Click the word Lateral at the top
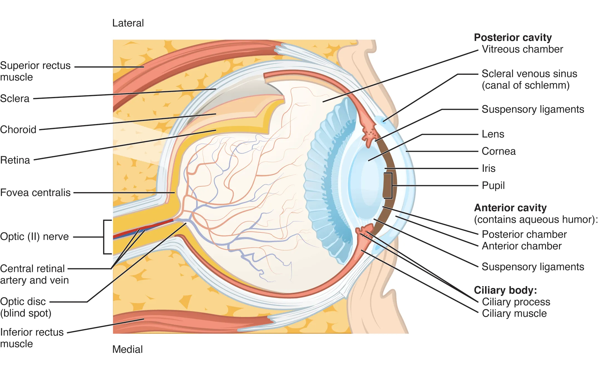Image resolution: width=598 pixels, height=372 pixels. pos(128,23)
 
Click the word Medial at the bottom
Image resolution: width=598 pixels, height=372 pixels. pos(127,349)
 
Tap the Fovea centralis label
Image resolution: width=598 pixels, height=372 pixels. pos(35,192)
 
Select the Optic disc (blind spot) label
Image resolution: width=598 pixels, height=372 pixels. pos(26,307)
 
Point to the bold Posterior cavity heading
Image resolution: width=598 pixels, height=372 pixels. pos(513,37)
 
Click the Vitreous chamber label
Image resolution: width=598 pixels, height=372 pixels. pos(522,49)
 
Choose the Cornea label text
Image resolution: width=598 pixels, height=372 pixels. pos(498,151)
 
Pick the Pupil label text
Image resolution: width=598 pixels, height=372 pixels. pos(493,185)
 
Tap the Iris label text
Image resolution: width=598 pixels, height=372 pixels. pos(488,168)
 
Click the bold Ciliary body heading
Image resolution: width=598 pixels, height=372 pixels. pos(505,290)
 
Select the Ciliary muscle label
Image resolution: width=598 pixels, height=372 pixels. pos(514,313)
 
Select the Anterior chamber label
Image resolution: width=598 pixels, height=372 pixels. pos(522,246)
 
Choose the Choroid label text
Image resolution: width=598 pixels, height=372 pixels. pos(18,130)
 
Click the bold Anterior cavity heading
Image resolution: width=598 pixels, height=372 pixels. pos(510,208)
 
